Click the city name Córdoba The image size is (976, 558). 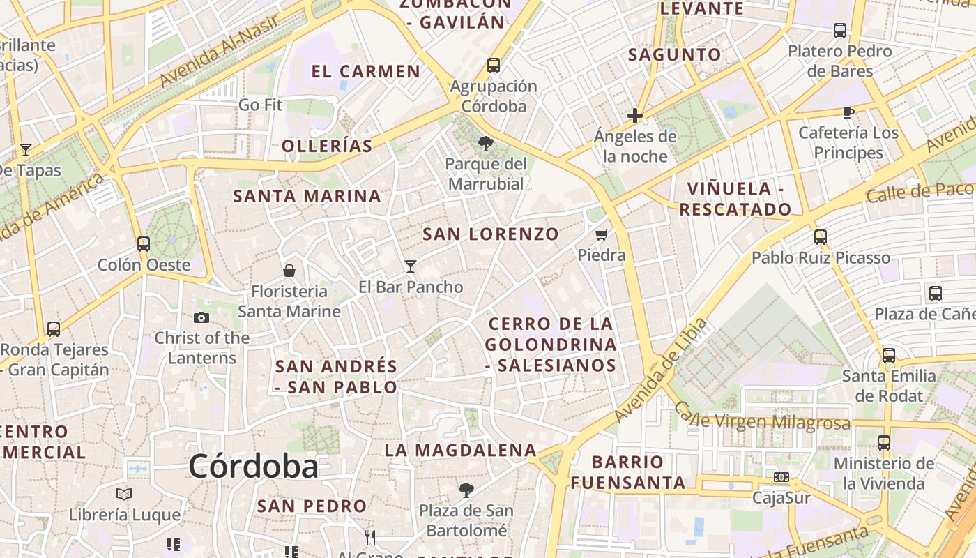253,466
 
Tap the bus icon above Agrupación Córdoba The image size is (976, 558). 494,66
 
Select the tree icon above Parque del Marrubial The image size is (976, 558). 485,144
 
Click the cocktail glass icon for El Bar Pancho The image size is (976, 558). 411,266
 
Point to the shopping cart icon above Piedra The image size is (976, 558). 602,234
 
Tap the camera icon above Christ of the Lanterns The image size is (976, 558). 201,317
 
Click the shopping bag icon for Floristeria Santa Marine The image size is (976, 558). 289,271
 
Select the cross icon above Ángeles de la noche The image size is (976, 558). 635,116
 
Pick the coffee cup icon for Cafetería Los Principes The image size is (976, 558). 848,112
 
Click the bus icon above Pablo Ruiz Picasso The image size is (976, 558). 821,236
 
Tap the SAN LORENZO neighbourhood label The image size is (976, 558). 491,234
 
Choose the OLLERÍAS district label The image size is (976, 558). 327,146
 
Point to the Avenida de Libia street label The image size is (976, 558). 660,371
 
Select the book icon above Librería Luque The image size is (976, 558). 124,495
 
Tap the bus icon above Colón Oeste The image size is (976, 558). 144,244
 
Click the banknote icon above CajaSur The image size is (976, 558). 781,477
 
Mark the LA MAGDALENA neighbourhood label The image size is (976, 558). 460,451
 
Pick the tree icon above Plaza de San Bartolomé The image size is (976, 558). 466,490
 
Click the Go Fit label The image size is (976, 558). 261,105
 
